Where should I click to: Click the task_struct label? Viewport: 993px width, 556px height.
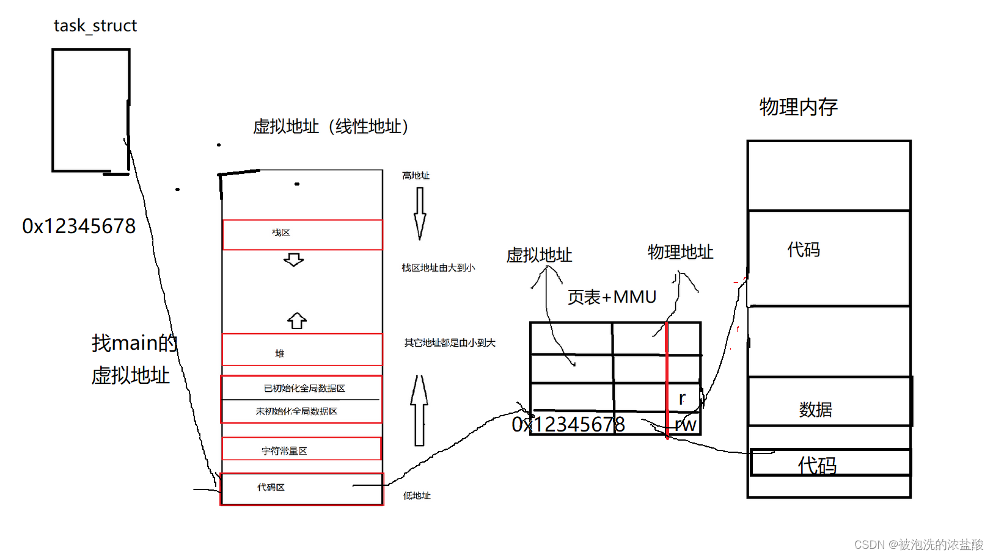pos(95,26)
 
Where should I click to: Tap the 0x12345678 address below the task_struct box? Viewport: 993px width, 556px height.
pos(79,226)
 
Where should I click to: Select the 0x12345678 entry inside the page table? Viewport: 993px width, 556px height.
pos(568,424)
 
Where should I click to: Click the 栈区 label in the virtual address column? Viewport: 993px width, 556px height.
pos(281,233)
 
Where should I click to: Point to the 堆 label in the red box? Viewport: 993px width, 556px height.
pos(280,353)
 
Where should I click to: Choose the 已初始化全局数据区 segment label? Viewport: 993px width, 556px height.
pos(304,388)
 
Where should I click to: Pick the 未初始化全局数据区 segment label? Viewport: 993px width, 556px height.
pos(296,411)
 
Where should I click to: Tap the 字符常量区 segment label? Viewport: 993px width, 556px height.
pos(284,451)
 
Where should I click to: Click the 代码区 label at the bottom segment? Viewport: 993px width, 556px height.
pos(271,487)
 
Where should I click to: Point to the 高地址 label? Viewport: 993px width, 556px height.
pos(416,176)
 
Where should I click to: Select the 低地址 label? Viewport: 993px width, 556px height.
pos(417,496)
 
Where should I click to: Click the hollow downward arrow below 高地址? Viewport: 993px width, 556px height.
pos(420,213)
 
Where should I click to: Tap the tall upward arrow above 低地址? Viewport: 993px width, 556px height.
pos(419,410)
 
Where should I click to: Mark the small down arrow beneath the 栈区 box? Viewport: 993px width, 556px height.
pos(293,260)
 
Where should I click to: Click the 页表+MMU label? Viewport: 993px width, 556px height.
pos(612,297)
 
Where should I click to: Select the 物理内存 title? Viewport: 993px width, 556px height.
pos(798,107)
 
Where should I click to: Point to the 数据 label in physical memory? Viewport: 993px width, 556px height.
pos(816,410)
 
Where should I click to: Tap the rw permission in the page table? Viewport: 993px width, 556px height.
pos(686,425)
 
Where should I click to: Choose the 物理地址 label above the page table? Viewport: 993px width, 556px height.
pos(680,252)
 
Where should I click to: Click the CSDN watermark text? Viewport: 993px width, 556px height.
pos(918,544)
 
